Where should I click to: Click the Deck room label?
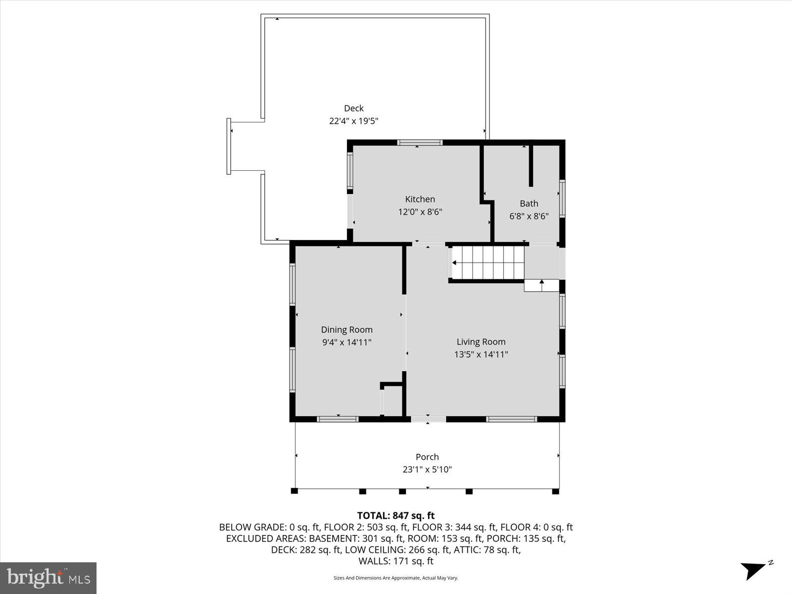pyautogui.click(x=353, y=108)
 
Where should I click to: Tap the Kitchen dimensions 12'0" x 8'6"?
pyautogui.click(x=420, y=212)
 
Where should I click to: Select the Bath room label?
pyautogui.click(x=529, y=203)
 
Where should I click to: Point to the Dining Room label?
pyautogui.click(x=346, y=330)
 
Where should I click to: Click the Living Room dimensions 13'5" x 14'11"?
pyautogui.click(x=481, y=354)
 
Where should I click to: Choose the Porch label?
pyautogui.click(x=427, y=457)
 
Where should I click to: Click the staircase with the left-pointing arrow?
pyautogui.click(x=488, y=263)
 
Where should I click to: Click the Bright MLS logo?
pyautogui.click(x=48, y=578)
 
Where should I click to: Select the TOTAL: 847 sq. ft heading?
pyautogui.click(x=396, y=516)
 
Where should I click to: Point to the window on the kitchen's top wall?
pyautogui.click(x=420, y=143)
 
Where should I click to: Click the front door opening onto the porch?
pyautogui.click(x=428, y=419)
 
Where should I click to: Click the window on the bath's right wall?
pyautogui.click(x=562, y=198)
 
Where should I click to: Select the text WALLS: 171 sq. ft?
pyautogui.click(x=396, y=561)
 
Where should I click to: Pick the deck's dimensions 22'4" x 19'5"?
pyautogui.click(x=353, y=121)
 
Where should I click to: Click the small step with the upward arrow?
pyautogui.click(x=542, y=286)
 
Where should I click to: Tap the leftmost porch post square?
pyautogui.click(x=294, y=491)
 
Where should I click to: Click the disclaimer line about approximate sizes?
pyautogui.click(x=396, y=578)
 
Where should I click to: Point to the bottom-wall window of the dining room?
pyautogui.click(x=337, y=419)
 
